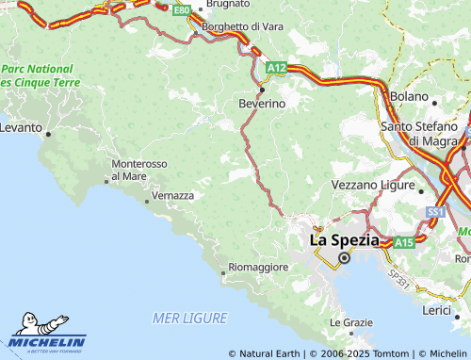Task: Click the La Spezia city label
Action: (345, 240)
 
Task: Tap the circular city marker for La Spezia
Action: (344, 257)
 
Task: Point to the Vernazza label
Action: (172, 195)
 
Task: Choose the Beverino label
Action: (261, 103)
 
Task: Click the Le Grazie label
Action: (350, 322)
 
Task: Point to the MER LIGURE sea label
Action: (188, 319)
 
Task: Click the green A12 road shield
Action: (275, 68)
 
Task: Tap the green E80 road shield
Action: (182, 9)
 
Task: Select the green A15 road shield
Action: (404, 243)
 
